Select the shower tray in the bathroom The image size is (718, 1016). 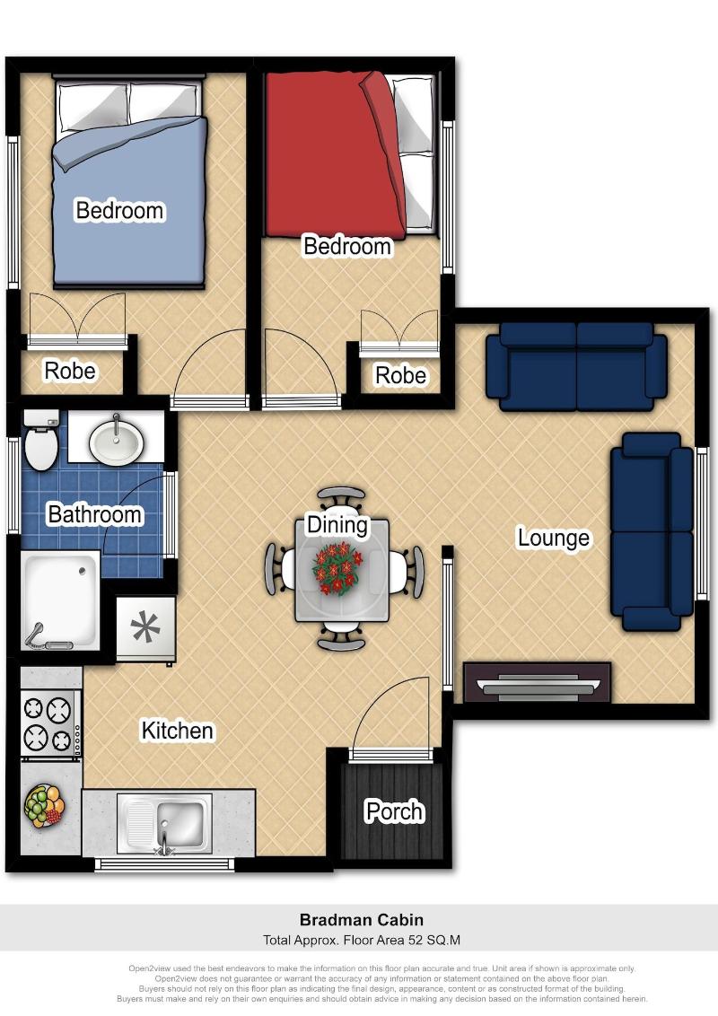[x=60, y=600]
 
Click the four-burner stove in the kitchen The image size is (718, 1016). [x=50, y=723]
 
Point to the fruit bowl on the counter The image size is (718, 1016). [x=44, y=806]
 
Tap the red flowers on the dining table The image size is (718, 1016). [x=337, y=568]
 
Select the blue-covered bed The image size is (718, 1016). [x=129, y=181]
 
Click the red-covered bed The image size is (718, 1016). [x=350, y=153]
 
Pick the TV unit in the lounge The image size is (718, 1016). [x=538, y=682]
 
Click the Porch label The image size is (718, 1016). [x=394, y=811]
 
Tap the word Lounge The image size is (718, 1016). [x=554, y=538]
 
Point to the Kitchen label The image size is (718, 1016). [x=177, y=731]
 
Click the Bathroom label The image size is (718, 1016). [x=94, y=513]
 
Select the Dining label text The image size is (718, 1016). [x=337, y=525]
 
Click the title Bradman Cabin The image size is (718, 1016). [x=362, y=919]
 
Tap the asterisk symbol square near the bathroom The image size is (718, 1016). [x=145, y=628]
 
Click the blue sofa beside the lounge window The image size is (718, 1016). [x=652, y=531]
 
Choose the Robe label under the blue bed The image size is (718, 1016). [x=69, y=371]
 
